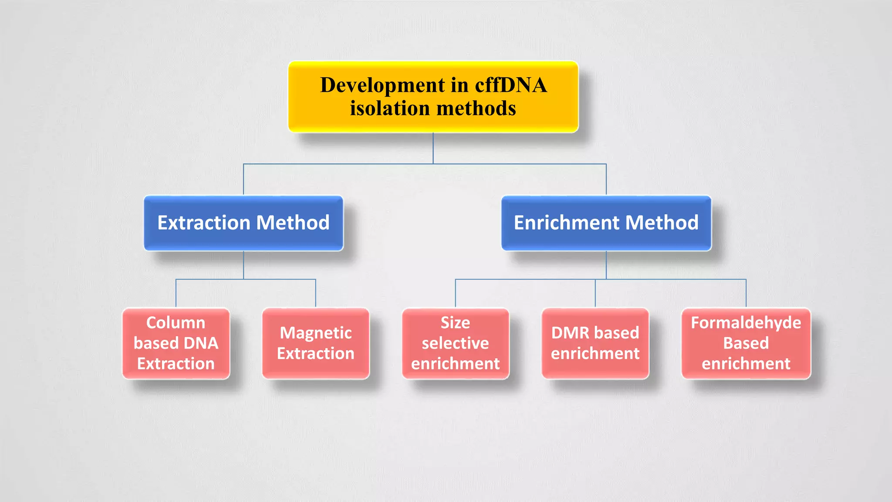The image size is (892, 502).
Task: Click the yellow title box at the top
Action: [x=433, y=97]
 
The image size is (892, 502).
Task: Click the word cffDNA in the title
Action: [x=510, y=85]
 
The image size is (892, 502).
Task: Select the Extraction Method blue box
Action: [x=243, y=223]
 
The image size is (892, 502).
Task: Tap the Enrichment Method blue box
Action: [x=606, y=223]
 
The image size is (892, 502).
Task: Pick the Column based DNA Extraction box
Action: [x=176, y=343]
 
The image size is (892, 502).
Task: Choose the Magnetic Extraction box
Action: [x=316, y=343]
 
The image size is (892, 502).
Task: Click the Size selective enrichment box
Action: [x=455, y=343]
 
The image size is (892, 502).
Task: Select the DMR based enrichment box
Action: [x=595, y=343]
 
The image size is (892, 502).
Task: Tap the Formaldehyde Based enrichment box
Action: [x=746, y=343]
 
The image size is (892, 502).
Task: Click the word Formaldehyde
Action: [x=746, y=323]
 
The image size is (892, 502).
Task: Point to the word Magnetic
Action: [x=316, y=333]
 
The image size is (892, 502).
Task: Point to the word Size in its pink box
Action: [x=455, y=323]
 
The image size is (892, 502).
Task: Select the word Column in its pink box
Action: [x=176, y=323]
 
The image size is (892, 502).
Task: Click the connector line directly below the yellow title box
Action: [x=433, y=148]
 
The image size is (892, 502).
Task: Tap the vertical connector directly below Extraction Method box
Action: [x=243, y=265]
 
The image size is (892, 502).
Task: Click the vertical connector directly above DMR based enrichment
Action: [x=595, y=293]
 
